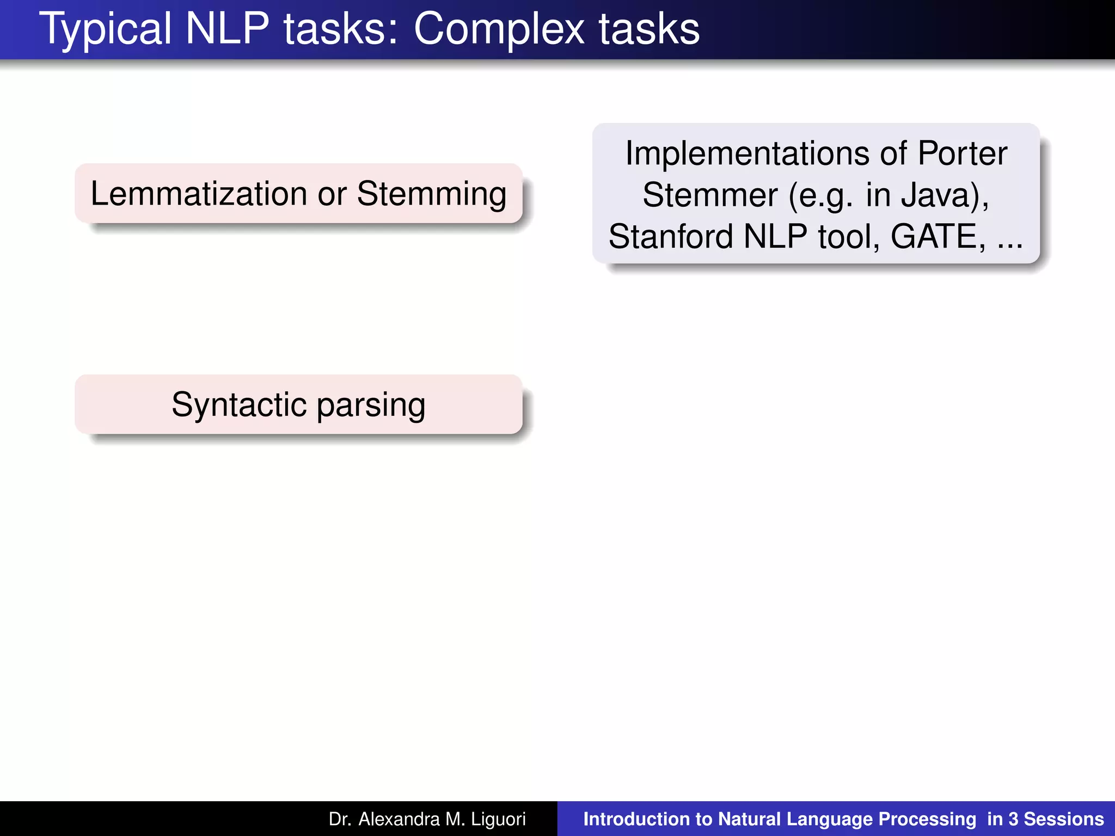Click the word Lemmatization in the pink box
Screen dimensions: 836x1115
(199, 194)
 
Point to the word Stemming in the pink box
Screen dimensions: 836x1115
(431, 195)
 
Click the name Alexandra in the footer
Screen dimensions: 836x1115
(399, 819)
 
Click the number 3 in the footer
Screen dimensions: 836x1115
(1013, 819)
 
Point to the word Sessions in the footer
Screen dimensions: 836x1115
(1064, 819)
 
